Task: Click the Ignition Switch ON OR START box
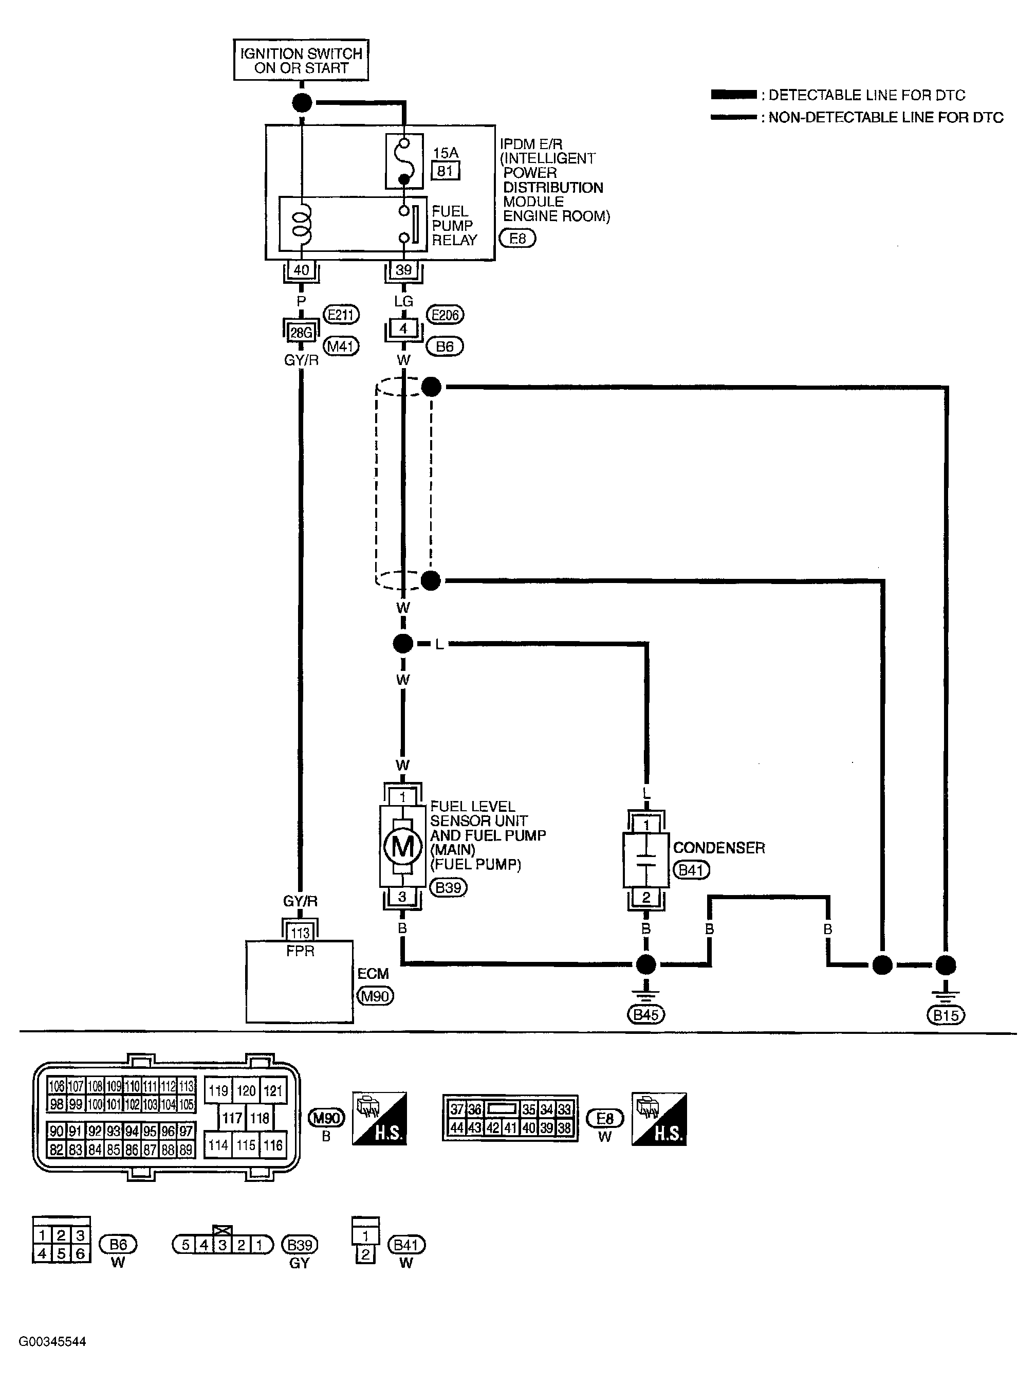click(x=301, y=61)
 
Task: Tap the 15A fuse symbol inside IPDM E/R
click(x=404, y=161)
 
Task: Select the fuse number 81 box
click(x=445, y=170)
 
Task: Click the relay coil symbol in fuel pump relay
click(x=302, y=225)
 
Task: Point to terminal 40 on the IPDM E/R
click(x=301, y=270)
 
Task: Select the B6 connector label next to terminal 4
click(x=445, y=347)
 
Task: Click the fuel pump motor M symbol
click(x=402, y=847)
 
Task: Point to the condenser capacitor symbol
click(x=646, y=859)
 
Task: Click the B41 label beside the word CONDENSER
click(x=691, y=870)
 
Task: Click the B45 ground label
click(x=645, y=1014)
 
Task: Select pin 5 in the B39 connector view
click(x=186, y=1244)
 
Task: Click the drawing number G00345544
click(x=52, y=1341)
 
